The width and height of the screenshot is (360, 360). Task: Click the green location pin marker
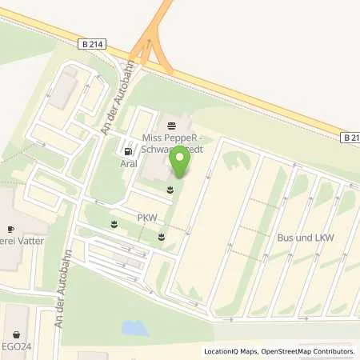[x=181, y=164]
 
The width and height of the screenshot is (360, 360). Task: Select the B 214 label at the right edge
[x=350, y=138]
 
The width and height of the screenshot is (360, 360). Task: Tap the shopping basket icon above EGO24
[x=15, y=335]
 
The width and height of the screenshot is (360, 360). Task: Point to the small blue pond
[x=134, y=327]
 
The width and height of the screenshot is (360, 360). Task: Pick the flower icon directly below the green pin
[x=170, y=190]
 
